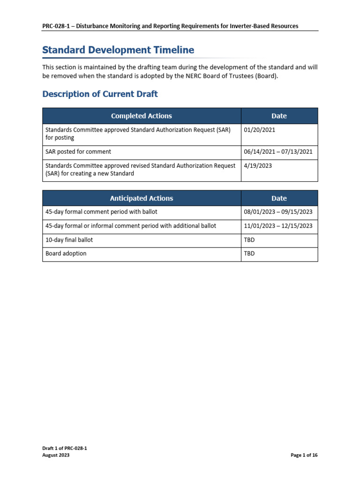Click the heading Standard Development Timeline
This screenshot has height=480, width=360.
118,50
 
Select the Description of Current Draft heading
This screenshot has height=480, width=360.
100,94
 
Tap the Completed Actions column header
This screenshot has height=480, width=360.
141,116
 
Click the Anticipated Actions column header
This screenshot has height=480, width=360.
141,198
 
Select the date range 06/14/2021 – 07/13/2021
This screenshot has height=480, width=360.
278,152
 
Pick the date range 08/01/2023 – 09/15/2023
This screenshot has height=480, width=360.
278,212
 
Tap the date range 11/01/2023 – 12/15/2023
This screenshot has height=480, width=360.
278,226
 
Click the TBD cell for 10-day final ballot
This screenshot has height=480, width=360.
249,240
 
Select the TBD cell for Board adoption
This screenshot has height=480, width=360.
249,254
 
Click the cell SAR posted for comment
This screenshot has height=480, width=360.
78,152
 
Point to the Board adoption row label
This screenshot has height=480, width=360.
66,254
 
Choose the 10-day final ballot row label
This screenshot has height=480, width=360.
69,240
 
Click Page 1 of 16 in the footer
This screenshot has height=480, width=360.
304,455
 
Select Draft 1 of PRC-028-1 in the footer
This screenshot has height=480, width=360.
65,449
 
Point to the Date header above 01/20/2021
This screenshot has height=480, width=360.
279,116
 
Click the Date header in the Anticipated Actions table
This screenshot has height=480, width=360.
279,198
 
